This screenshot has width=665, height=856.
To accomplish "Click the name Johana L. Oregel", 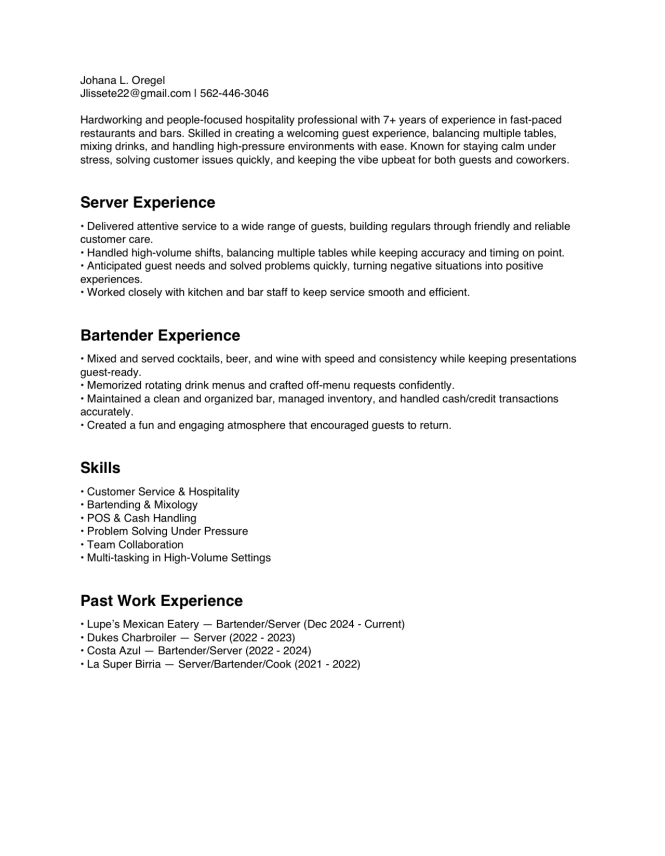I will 123,81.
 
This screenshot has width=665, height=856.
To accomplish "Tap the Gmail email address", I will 135,93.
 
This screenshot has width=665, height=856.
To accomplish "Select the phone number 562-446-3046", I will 234,93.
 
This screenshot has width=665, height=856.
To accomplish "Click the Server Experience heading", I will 148,203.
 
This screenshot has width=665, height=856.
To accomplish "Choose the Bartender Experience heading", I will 160,336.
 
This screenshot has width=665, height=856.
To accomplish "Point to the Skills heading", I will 100,468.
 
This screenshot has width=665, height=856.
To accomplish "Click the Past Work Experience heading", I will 162,601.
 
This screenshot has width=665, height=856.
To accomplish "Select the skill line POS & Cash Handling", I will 141,518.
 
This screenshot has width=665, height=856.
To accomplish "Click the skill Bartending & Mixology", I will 142,505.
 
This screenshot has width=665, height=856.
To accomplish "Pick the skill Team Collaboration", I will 135,545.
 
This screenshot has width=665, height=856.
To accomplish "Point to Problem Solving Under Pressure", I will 167,531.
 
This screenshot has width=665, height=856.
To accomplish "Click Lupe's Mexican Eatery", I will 143,624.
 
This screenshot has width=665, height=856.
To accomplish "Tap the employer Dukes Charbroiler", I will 131,638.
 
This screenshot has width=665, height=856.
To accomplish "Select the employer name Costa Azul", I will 114,651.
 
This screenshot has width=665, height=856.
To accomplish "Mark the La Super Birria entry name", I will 124,664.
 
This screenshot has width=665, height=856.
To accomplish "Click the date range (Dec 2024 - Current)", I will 354,624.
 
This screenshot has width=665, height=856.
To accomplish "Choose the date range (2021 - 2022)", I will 327,664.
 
